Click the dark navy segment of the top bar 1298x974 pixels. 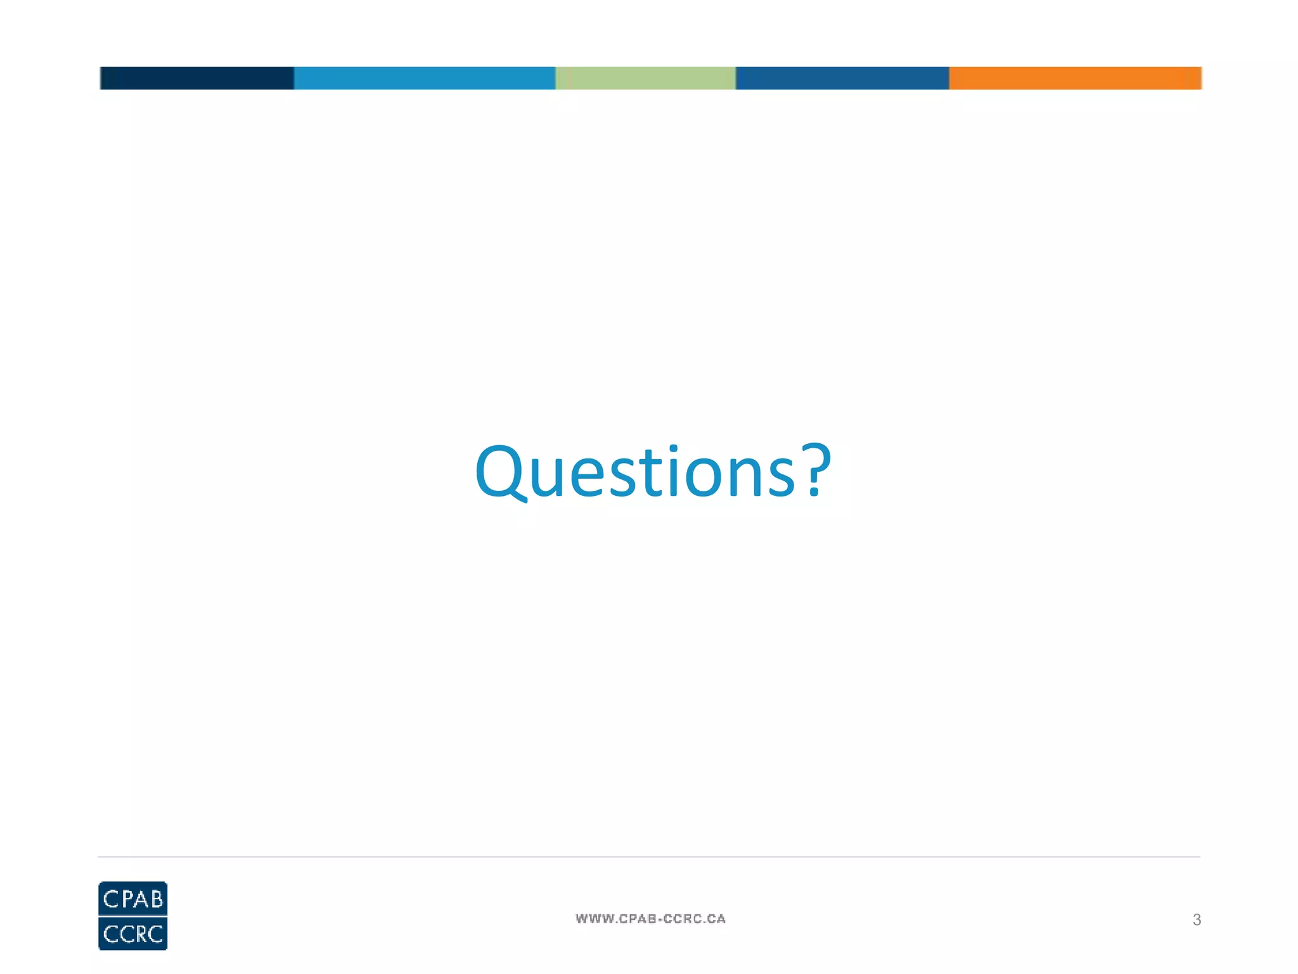[x=196, y=78]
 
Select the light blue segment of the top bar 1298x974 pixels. [x=424, y=78]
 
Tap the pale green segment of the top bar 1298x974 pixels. [x=645, y=78]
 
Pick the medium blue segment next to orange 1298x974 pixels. [x=842, y=78]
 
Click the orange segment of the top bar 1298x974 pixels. [x=1075, y=78]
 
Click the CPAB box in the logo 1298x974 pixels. [x=133, y=899]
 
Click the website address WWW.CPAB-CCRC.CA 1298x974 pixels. [x=650, y=919]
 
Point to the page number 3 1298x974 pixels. [x=1197, y=919]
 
